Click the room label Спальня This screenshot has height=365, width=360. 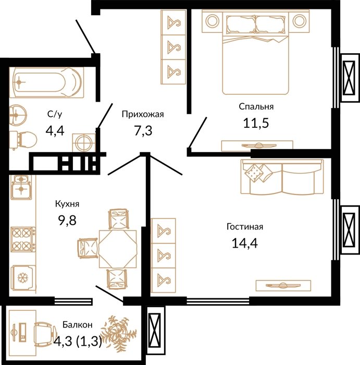256,106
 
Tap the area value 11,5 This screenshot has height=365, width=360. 256,123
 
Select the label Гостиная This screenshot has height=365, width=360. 245,227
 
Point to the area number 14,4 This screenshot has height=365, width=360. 245,243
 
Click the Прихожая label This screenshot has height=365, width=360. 143,114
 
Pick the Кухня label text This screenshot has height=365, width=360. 67,204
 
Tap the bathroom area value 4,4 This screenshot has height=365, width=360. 55,130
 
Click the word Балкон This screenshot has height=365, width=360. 78,324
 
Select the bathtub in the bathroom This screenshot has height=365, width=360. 46,82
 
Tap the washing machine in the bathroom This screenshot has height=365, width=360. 84,142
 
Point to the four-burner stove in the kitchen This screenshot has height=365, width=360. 23,239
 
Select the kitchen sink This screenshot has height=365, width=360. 21,187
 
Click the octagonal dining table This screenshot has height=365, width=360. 118,249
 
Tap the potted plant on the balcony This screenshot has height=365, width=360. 119,331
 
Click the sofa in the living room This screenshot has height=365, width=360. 282,177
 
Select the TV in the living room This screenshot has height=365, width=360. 283,285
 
